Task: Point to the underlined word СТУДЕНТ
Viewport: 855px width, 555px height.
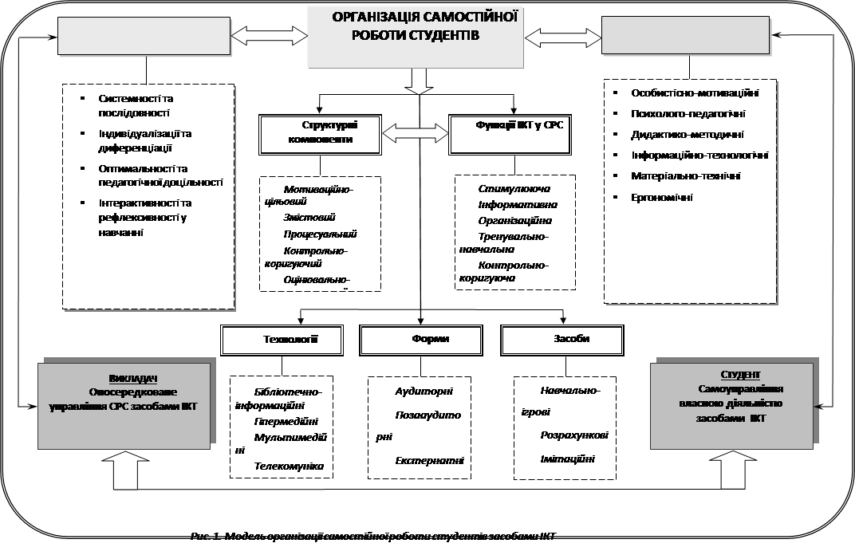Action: coord(740,375)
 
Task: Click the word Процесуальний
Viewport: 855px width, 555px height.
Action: coord(320,234)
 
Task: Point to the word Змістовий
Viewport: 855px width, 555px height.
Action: coord(309,217)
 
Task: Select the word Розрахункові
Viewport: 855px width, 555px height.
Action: coord(573,436)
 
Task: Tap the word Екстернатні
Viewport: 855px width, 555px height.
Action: coord(430,461)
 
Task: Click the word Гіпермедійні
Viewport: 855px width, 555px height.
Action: coord(286,421)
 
